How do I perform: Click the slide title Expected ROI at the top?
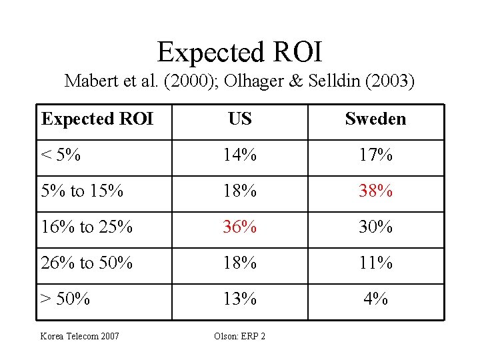(240, 51)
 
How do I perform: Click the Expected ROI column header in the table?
(97, 119)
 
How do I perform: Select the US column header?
(239, 119)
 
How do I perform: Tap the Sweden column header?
(375, 119)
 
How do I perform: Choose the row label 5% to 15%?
(82, 191)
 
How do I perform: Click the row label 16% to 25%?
(87, 227)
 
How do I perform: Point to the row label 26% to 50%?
(87, 263)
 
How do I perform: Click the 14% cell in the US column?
(239, 155)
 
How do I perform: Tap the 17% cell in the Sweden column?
(375, 155)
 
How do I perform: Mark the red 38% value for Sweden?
(375, 191)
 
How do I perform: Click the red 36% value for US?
(239, 227)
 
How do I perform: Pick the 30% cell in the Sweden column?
(375, 227)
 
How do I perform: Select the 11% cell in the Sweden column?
(375, 263)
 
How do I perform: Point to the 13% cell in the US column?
(239, 299)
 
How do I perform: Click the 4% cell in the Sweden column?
(375, 299)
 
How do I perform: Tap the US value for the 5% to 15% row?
(239, 191)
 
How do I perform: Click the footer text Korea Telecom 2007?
(80, 336)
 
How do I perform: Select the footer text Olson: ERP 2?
(240, 336)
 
